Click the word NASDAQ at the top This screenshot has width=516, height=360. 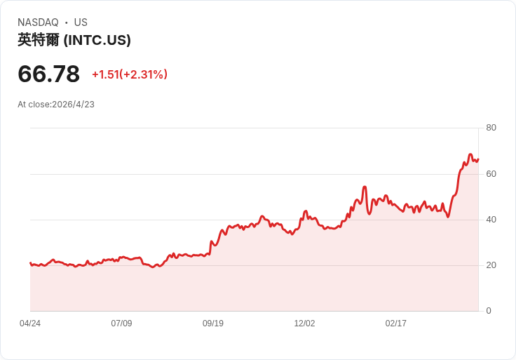pyautogui.click(x=38, y=22)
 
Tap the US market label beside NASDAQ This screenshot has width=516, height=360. pyautogui.click(x=81, y=22)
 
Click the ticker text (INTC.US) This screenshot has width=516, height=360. pyautogui.click(x=97, y=40)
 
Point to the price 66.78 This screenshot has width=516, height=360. pyautogui.click(x=48, y=74)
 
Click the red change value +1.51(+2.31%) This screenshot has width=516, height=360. pyautogui.click(x=130, y=74)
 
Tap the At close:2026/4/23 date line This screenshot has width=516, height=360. pyautogui.click(x=56, y=105)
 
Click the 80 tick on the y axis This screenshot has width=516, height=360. pyautogui.click(x=491, y=128)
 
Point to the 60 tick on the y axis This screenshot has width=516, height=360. pyautogui.click(x=491, y=173)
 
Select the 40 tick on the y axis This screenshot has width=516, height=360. pyautogui.click(x=491, y=220)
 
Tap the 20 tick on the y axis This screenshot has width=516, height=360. pyautogui.click(x=491, y=265)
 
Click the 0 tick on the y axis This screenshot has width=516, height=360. pyautogui.click(x=489, y=311)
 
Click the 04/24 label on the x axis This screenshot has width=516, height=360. pyautogui.click(x=30, y=324)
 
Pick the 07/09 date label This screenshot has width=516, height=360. pyautogui.click(x=121, y=324)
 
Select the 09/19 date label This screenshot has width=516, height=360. pyautogui.click(x=213, y=324)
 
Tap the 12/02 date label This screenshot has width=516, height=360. pyautogui.click(x=304, y=324)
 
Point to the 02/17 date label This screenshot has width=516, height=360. pyautogui.click(x=396, y=324)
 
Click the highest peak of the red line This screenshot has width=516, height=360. pyautogui.click(x=470, y=154)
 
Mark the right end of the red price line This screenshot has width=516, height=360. pyautogui.click(x=478, y=159)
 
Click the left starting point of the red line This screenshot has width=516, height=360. pyautogui.click(x=30, y=263)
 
